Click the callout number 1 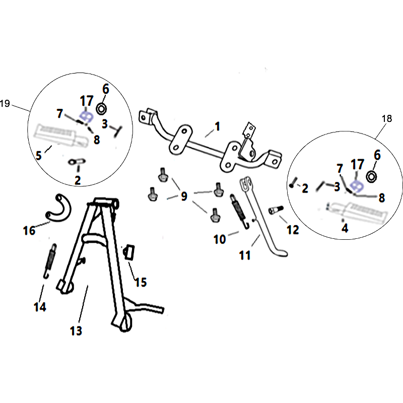point(218,126)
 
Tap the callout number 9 point(184,196)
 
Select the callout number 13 point(76,331)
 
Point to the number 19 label point(5,103)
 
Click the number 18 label point(387,118)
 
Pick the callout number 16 point(29,231)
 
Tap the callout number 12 point(293,230)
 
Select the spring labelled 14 point(50,261)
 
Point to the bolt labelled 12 point(275,210)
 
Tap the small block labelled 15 point(129,253)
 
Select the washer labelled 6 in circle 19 point(101,109)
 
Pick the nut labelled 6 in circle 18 point(371,177)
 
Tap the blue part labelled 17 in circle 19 point(86,117)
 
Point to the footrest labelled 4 point(358,211)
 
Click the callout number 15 point(141,282)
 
